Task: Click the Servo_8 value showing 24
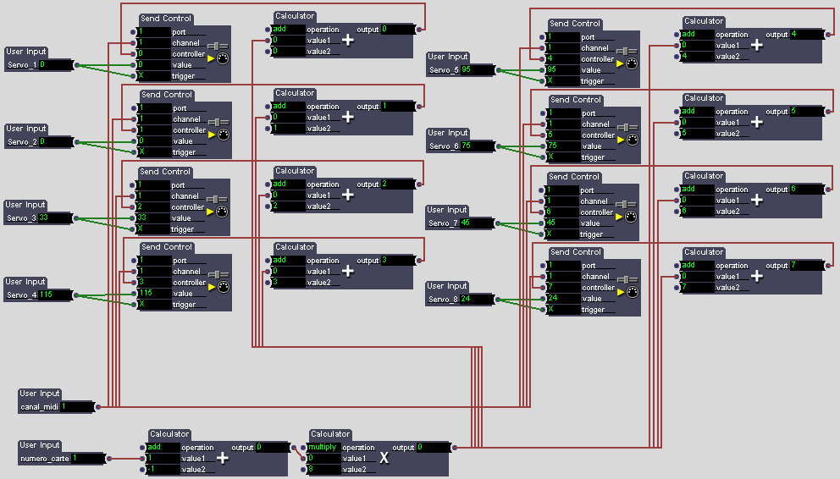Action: [477, 299]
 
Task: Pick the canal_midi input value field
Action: [76, 406]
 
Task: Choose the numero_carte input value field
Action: [87, 458]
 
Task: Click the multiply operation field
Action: [323, 447]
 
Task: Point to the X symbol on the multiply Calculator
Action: [384, 457]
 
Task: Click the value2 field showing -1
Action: [163, 469]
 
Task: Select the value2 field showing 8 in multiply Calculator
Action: [323, 469]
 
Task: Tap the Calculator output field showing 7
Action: [806, 266]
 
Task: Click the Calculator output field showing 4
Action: [806, 35]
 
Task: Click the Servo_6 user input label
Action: [445, 146]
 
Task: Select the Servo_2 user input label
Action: [22, 141]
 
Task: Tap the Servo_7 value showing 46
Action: [477, 223]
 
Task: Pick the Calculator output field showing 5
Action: [806, 112]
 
